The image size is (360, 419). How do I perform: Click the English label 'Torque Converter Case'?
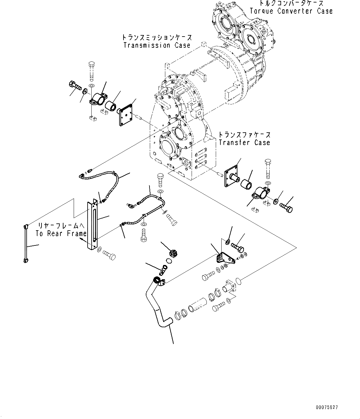(291, 11)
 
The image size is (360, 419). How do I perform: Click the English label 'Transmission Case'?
(157, 45)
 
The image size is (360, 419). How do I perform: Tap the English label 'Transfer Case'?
(244, 143)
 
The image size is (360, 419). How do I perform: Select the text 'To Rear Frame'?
(61, 233)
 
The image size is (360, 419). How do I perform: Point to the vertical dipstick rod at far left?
(26, 244)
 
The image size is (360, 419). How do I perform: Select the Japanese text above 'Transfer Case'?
(244, 135)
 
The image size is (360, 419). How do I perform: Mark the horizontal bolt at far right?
(286, 208)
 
